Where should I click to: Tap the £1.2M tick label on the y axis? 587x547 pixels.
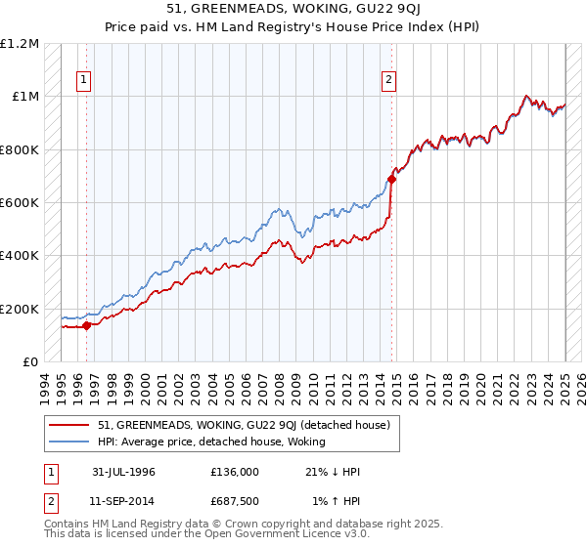(21, 43)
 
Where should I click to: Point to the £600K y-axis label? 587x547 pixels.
(21, 202)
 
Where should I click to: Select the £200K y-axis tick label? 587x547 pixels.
(21, 309)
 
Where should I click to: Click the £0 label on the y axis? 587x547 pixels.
(30, 361)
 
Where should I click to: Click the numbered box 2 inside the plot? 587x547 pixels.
(389, 80)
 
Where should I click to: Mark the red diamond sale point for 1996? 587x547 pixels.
(86, 325)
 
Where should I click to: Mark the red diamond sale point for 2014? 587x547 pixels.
(391, 179)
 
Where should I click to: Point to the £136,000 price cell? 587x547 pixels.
(234, 472)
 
